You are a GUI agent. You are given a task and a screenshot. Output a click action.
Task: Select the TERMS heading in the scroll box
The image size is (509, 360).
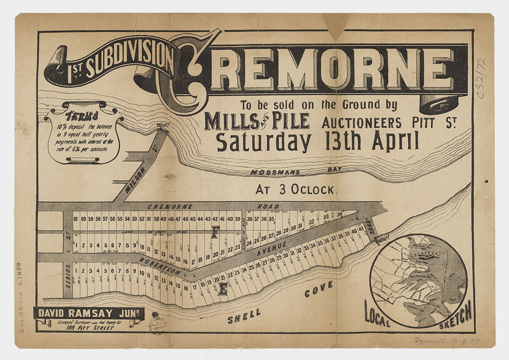coord(82,116)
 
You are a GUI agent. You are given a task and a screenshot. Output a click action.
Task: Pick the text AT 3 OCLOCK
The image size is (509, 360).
coord(295,190)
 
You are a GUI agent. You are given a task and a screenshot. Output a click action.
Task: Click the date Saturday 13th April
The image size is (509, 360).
coord(317,141)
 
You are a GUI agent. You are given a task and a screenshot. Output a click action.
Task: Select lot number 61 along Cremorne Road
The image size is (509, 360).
coord(76,219)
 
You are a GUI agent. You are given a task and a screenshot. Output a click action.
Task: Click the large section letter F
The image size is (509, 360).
coord(215,232)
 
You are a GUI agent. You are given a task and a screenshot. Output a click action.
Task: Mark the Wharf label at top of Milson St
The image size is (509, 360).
coord(162,126)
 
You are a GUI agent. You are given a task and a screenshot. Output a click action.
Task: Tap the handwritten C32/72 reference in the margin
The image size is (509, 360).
coord(481,79)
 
